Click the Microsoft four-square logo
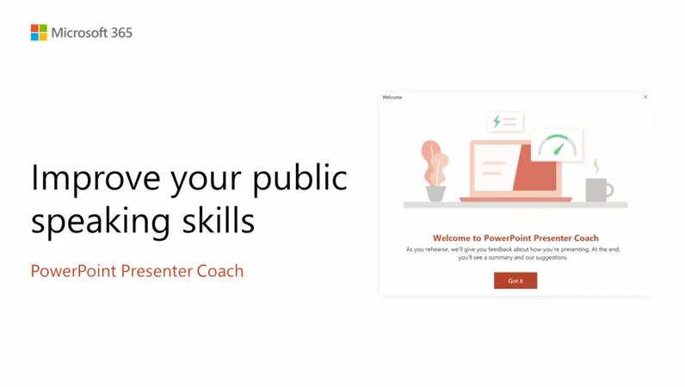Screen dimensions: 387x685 pos(39,33)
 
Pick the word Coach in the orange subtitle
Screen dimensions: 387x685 pos(219,271)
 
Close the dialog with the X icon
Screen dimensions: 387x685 pos(645,97)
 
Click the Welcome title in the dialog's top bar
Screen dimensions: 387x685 pos(392,97)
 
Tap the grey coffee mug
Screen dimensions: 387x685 pos(598,189)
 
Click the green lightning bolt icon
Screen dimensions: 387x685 pos(497,121)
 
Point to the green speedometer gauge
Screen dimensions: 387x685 pos(557,145)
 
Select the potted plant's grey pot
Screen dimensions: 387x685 pos(436,193)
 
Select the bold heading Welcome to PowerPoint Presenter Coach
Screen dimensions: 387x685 pos(515,238)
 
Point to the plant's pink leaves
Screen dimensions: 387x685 pos(434,159)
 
